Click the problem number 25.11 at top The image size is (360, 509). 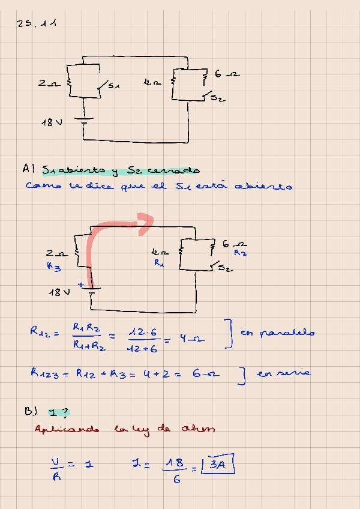coord(37,24)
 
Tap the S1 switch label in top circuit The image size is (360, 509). coord(113,86)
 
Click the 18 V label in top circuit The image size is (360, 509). coord(51,122)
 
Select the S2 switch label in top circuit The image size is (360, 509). coord(217,99)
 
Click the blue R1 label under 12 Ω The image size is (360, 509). coord(158,262)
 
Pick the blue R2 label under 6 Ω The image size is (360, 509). coord(240,253)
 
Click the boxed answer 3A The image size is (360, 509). coord(218,465)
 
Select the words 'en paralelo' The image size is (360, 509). coord(277,333)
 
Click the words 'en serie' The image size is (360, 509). coord(283,373)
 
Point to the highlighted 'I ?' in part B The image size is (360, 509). coord(59,412)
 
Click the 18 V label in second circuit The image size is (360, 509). coord(59,292)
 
